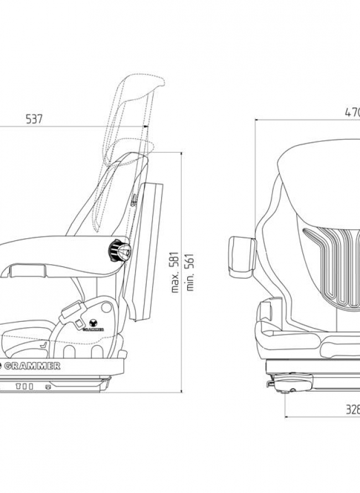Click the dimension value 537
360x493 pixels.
pos(34,119)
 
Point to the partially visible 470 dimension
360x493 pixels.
pos(352,112)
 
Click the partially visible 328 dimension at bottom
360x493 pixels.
pos(353,410)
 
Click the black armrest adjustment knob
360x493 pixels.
pos(120,251)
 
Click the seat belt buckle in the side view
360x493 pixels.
pos(71,310)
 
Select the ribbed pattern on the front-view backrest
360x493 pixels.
pos(332,266)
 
